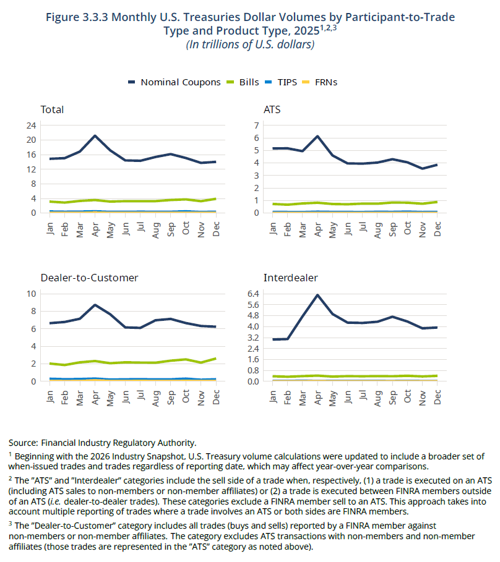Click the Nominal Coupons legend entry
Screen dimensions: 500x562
coord(175,82)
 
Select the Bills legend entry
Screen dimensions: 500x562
coord(243,82)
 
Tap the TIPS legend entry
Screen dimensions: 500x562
coord(281,82)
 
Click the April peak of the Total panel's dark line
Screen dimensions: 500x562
coord(95,135)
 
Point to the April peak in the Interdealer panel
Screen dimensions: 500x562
coord(317,295)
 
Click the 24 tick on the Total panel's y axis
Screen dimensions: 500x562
coord(31,126)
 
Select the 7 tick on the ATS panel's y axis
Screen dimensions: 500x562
coord(256,126)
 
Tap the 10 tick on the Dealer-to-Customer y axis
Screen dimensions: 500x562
coord(31,294)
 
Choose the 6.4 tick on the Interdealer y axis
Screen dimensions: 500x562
coord(253,294)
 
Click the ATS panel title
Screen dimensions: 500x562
coord(272,109)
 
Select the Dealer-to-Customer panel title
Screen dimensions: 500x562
coord(89,278)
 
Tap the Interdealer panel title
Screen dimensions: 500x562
coord(291,278)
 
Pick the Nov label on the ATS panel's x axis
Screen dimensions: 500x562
coord(422,229)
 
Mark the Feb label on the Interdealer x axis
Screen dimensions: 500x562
coord(287,398)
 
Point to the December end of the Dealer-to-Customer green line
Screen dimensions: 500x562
coord(215,359)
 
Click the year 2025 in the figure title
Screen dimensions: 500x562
coord(307,31)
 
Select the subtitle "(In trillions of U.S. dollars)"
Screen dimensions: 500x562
coord(251,45)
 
